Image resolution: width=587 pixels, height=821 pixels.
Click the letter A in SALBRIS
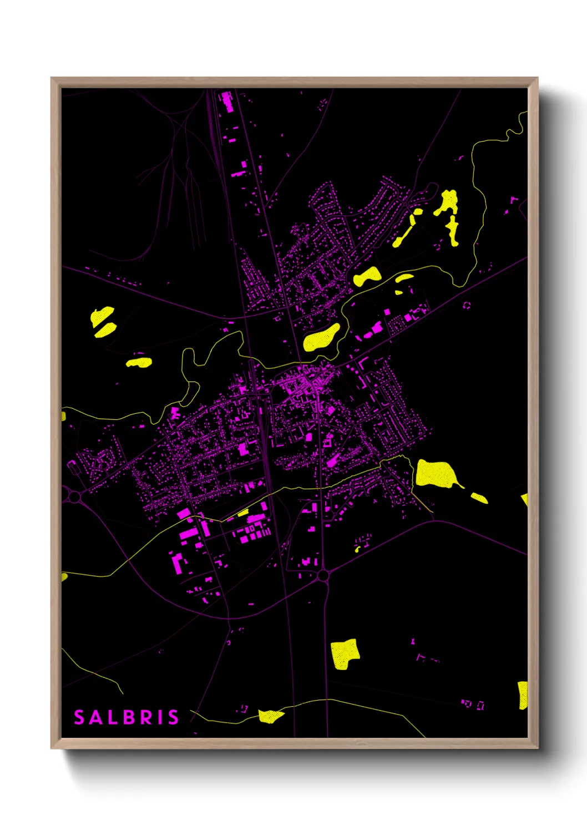tap(94, 717)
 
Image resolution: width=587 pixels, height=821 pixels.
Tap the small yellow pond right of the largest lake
tap(479, 498)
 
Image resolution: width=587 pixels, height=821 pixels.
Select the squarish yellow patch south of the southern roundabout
tap(345, 653)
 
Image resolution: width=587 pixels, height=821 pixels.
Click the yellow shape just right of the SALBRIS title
tap(270, 716)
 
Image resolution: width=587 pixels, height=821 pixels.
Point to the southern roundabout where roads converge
tap(323, 576)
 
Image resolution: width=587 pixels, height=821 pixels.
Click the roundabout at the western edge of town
tap(74, 496)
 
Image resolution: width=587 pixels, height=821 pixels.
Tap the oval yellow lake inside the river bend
tap(322, 337)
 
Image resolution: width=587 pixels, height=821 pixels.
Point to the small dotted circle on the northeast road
tap(467, 305)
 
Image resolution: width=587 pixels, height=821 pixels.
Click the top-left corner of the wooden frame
tap(52, 78)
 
